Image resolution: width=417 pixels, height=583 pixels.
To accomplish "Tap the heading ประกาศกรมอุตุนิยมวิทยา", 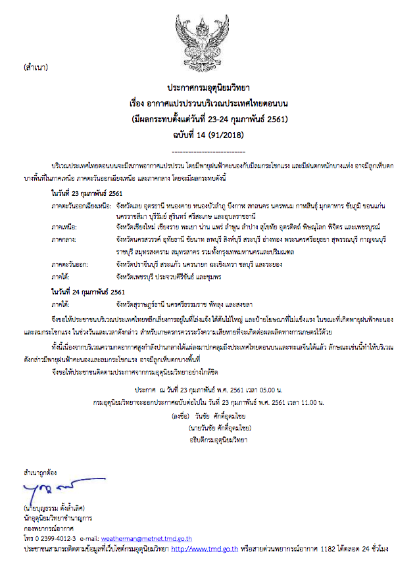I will (x=208, y=87).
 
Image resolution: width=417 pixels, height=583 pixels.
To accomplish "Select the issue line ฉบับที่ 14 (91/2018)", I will (x=208, y=135).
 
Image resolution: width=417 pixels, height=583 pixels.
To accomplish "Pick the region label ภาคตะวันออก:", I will (x=70, y=264).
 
